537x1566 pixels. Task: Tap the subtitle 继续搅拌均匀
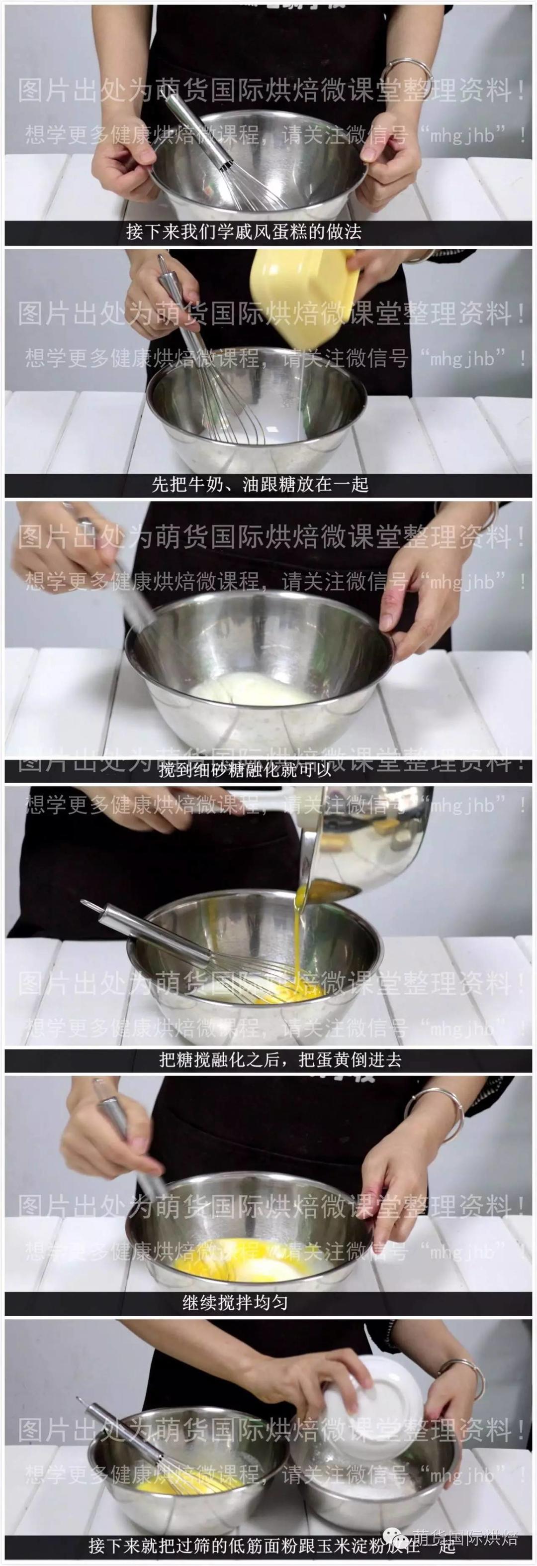pyautogui.click(x=235, y=1302)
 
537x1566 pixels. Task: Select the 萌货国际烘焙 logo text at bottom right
pyautogui.click(x=465, y=1538)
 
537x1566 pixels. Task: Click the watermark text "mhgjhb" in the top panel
pyautogui.click(x=462, y=135)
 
